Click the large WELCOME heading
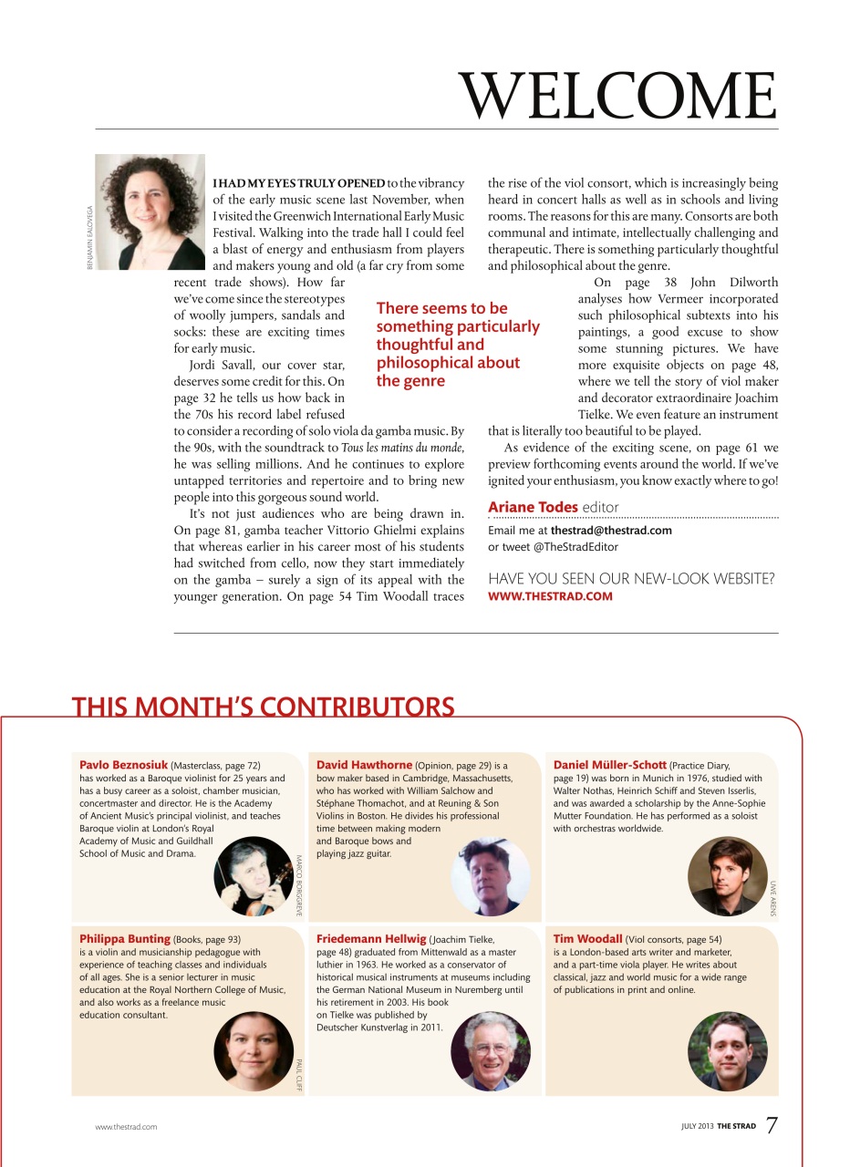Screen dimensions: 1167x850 coord(617,94)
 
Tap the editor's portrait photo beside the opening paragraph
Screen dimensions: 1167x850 coord(150,212)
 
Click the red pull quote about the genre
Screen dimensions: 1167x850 coord(457,345)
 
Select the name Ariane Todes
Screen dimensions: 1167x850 coord(533,507)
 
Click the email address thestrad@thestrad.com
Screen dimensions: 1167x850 coord(611,531)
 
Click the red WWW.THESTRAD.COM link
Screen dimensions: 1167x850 coord(551,596)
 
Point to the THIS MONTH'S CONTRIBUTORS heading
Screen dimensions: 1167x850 coord(263,707)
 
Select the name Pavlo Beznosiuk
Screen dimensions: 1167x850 coord(123,765)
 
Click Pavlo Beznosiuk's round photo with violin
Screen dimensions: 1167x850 coord(254,876)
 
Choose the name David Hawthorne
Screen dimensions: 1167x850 coord(364,765)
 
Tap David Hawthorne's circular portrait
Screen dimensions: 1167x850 coord(491,876)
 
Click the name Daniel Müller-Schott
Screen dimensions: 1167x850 coord(609,765)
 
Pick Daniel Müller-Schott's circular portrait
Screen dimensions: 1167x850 coord(727,876)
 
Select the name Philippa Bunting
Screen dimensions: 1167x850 coord(125,938)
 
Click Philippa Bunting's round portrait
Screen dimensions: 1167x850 coord(254,1050)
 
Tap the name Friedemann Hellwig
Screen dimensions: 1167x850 coord(371,938)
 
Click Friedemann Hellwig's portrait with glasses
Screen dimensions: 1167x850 coord(491,1050)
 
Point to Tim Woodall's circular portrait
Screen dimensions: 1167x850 coord(727,1050)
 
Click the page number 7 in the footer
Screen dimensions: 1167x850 coord(772,1126)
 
